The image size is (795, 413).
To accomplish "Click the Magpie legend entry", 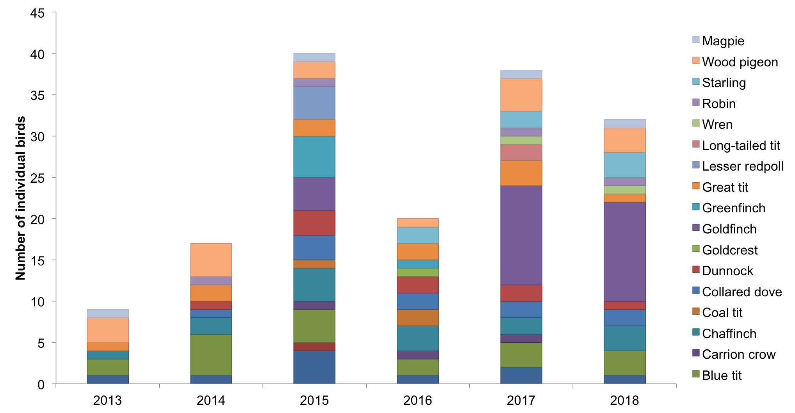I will click(722, 41).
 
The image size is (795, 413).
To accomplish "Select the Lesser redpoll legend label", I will click(742, 166).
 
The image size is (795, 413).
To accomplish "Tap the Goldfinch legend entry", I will click(729, 229).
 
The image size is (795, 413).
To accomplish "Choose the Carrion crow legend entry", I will click(738, 354).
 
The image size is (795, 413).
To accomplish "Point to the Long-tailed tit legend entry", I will click(740, 146).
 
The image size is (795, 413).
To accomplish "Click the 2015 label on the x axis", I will click(314, 401).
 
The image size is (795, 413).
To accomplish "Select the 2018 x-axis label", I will click(624, 401).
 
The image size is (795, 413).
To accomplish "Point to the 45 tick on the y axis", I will click(37, 13).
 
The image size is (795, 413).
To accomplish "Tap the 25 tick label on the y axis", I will click(37, 178).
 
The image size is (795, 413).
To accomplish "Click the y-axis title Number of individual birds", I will click(20, 198).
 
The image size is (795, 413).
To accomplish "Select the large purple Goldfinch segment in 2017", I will click(521, 235).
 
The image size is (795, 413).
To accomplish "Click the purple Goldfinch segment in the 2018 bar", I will click(624, 251).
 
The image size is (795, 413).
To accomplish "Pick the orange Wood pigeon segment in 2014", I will click(211, 260).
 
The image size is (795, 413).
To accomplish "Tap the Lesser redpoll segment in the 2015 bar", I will click(314, 103).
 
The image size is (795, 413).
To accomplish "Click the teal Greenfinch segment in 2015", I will click(314, 157).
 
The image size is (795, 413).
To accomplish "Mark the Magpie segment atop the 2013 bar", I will click(108, 313).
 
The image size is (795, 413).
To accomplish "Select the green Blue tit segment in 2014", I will click(211, 355).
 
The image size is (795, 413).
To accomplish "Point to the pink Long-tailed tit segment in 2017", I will click(521, 153).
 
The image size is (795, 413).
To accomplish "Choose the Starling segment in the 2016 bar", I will click(418, 235).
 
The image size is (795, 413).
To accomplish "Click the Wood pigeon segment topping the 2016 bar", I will click(418, 223).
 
